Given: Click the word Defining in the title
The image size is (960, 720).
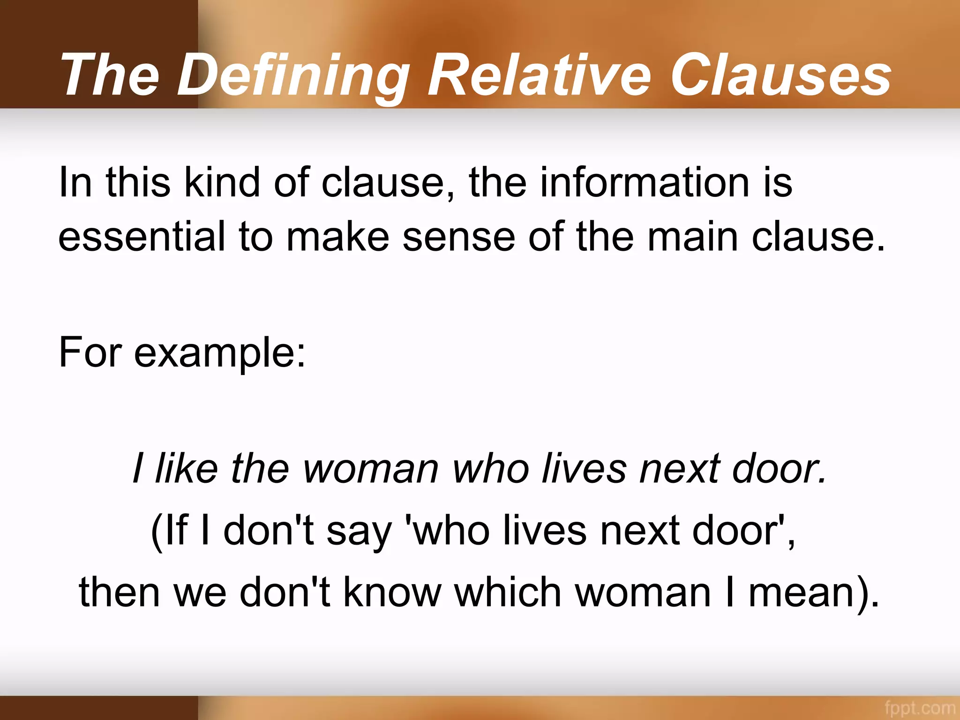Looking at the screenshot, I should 292,75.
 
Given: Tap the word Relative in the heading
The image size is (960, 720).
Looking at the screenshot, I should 539,75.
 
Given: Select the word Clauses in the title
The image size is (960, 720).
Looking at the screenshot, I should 780,75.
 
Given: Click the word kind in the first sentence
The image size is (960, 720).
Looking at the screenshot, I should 222,183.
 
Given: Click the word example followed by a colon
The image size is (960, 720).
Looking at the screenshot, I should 220,352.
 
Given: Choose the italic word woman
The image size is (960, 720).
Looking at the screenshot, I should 370,468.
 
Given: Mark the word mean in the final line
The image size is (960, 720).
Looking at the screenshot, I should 802,592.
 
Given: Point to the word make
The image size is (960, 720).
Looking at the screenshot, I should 337,237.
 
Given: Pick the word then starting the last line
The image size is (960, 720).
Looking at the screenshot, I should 120,592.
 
